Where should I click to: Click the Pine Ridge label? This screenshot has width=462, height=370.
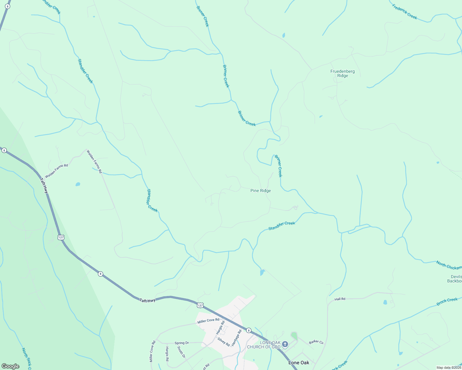pyautogui.click(x=261, y=191)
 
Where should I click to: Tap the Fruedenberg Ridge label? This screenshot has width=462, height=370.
pyautogui.click(x=342, y=73)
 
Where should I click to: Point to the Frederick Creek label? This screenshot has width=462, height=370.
pyautogui.click(x=405, y=12)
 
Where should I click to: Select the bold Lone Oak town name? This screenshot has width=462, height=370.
pyautogui.click(x=299, y=363)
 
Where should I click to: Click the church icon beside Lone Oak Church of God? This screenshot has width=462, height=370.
pyautogui.click(x=285, y=344)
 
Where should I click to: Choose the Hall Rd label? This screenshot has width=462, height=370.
pyautogui.click(x=340, y=299)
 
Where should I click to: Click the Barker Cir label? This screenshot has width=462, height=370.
pyautogui.click(x=316, y=342)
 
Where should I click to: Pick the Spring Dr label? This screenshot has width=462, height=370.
pyautogui.click(x=182, y=343)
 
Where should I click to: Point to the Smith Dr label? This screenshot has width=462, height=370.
pyautogui.click(x=181, y=352)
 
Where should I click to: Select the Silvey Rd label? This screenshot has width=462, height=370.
pyautogui.click(x=224, y=342)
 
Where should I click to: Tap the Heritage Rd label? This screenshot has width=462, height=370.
pyautogui.click(x=237, y=338)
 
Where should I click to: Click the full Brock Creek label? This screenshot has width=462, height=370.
pyautogui.click(x=447, y=302)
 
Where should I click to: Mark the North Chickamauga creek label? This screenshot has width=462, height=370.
pyautogui.click(x=449, y=265)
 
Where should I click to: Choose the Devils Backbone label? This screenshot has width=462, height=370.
pyautogui.click(x=455, y=279)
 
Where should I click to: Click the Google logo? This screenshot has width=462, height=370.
pyautogui.click(x=10, y=366)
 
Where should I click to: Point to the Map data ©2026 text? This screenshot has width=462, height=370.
pyautogui.click(x=449, y=368)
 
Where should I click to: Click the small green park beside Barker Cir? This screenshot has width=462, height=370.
pyautogui.click(x=294, y=335)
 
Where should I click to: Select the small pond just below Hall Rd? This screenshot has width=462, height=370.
pyautogui.click(x=385, y=302)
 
